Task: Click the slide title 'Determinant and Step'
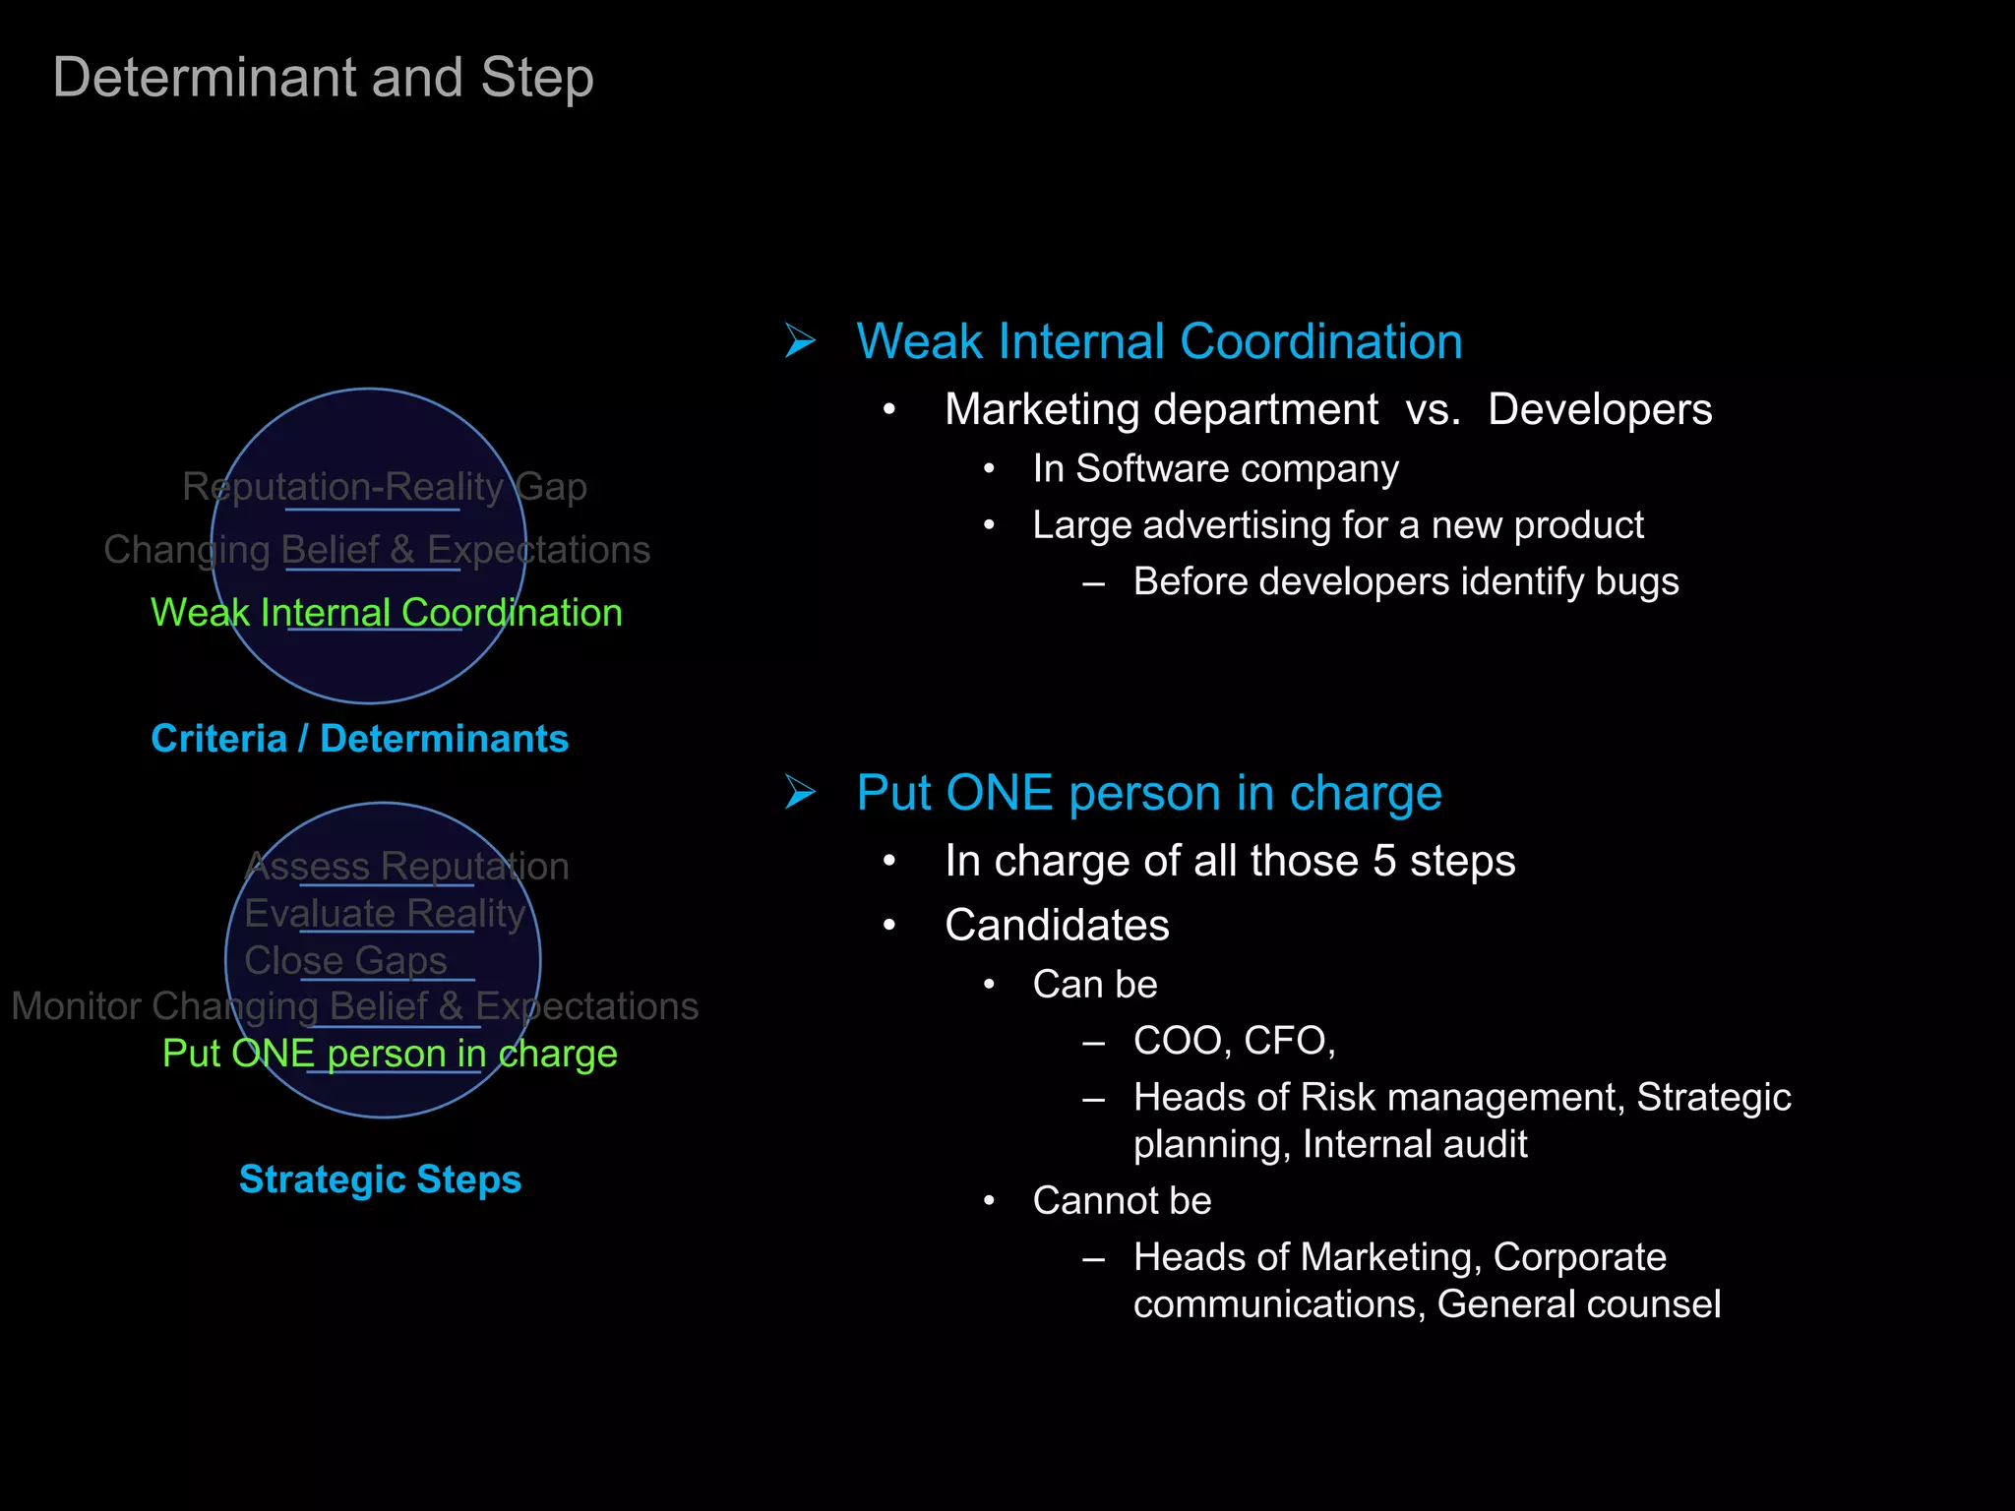[x=323, y=78]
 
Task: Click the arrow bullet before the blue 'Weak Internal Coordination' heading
[x=800, y=341]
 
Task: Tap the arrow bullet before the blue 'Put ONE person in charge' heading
[x=800, y=792]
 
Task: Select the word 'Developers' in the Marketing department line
[x=1599, y=409]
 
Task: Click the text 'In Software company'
[x=1215, y=469]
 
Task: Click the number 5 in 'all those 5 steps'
[x=1384, y=861]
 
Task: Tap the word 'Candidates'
[x=1057, y=925]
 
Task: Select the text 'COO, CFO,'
[x=1234, y=1041]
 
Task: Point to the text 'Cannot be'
[x=1122, y=1200]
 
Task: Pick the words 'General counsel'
[x=1578, y=1304]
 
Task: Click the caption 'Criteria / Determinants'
[x=359, y=739]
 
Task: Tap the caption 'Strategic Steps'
[x=380, y=1179]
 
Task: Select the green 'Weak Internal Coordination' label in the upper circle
[x=386, y=613]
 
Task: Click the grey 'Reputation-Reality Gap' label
[x=385, y=487]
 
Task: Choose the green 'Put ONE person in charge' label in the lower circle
[x=390, y=1054]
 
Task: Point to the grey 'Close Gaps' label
[x=345, y=960]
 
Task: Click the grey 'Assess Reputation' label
[x=406, y=867]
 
